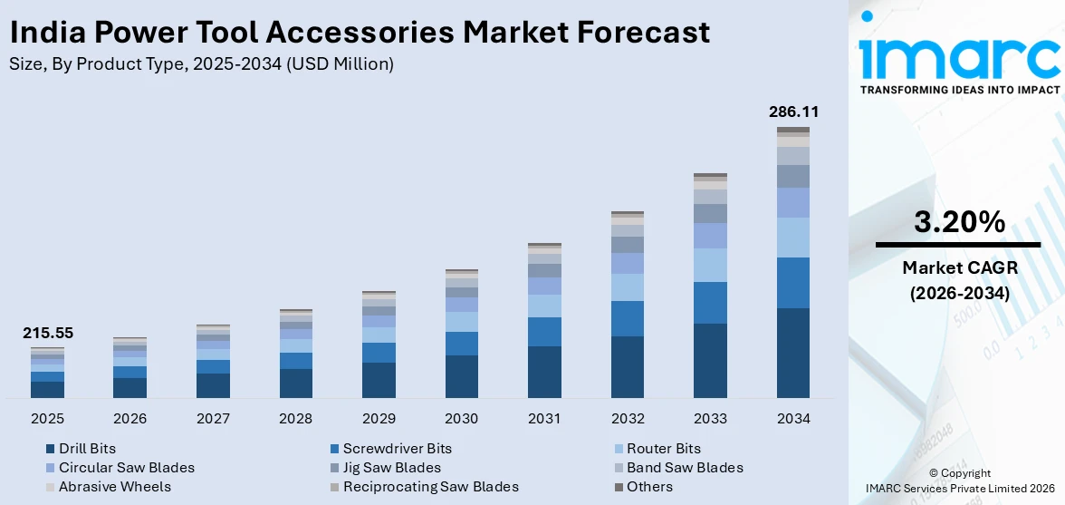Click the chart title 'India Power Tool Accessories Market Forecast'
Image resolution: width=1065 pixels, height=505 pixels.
coord(360,33)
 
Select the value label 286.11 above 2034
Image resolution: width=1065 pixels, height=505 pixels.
coord(792,112)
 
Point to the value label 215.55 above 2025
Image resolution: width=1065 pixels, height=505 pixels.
coord(47,333)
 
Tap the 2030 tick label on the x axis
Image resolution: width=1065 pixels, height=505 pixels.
coord(461,419)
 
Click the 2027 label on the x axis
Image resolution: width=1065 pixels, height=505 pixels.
coord(213,419)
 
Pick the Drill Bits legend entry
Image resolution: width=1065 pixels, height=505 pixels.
coord(87,448)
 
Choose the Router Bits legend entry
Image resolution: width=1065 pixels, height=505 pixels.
coord(663,448)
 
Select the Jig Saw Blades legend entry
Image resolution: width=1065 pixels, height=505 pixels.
coord(391,468)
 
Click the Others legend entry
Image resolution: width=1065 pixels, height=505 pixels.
coord(649,487)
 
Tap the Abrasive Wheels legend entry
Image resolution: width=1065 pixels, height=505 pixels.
coord(114,487)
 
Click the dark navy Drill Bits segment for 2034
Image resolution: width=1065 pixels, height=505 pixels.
coord(792,353)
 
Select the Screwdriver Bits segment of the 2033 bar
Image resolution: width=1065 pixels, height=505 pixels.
coord(710,302)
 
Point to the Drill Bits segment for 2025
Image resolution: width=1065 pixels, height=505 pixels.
coord(47,389)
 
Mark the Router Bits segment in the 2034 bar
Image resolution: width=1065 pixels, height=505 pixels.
coord(792,238)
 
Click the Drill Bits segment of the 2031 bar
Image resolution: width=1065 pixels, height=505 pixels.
coord(544,372)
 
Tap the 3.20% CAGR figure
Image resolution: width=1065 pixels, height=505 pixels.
coord(959,222)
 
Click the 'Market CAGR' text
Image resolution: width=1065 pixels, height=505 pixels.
coord(959,267)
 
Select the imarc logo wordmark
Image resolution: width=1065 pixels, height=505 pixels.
coord(959,56)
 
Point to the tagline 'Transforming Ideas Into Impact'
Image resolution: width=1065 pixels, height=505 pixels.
coord(959,90)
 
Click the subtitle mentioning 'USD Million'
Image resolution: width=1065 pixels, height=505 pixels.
coord(201,63)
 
